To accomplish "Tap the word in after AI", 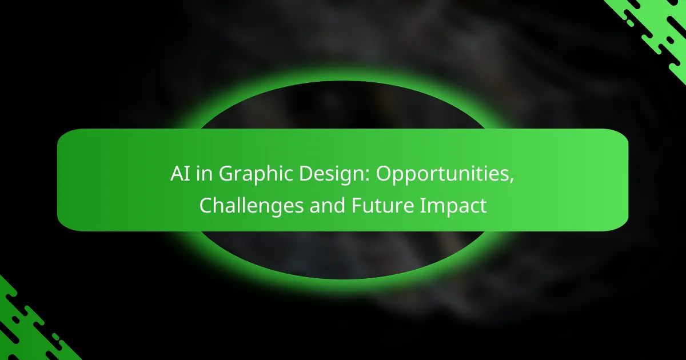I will (202, 175).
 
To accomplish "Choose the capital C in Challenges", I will (206, 206).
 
